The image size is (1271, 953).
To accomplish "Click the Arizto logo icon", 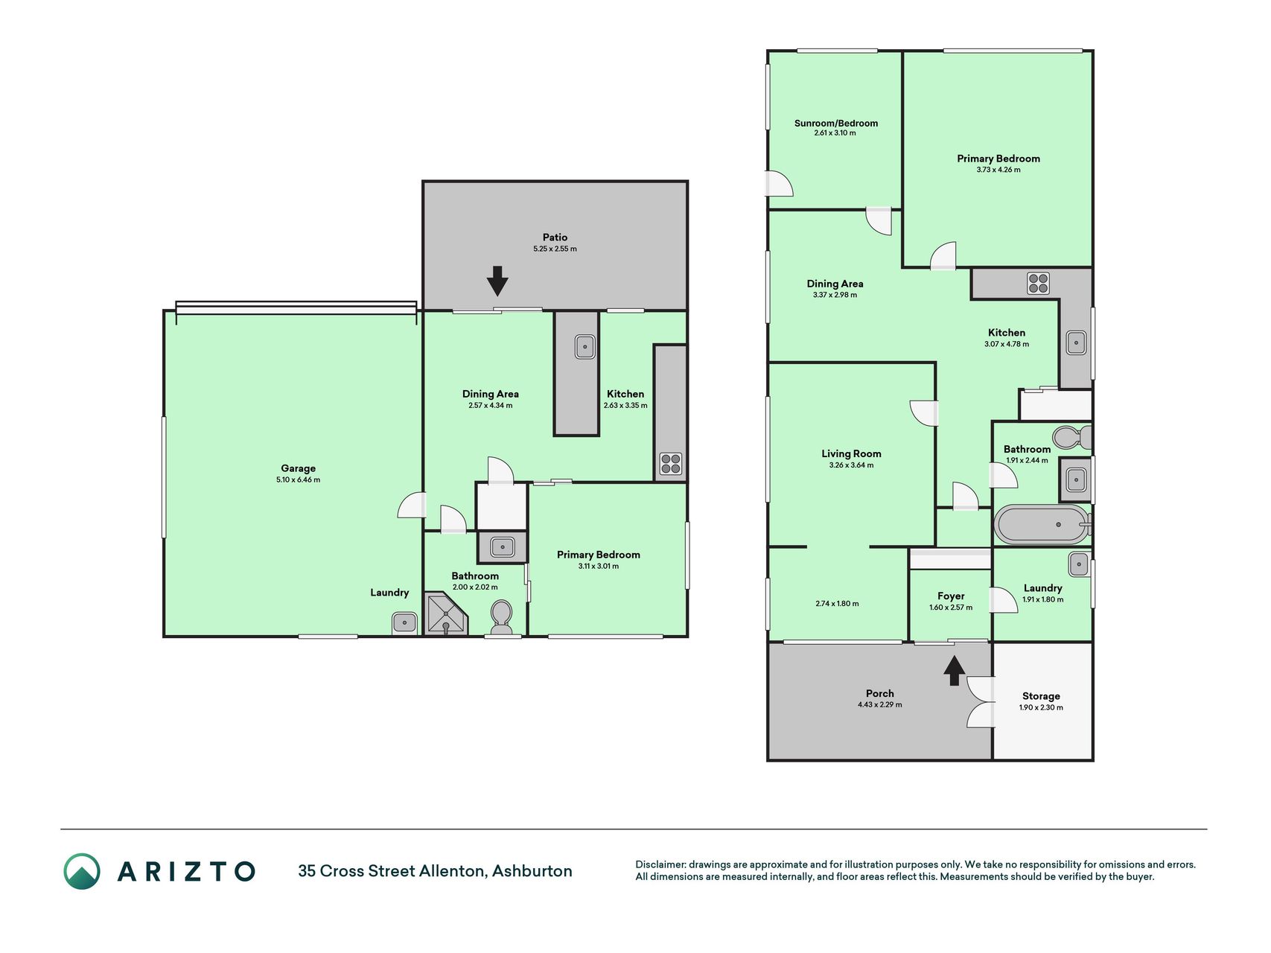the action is coord(81,871).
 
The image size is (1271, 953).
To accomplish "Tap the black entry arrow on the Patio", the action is coord(497,281).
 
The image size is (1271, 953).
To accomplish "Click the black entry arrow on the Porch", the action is coord(954,670).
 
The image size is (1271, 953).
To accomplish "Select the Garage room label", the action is coord(298,468).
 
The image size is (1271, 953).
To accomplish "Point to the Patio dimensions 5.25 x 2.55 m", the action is coord(555,249).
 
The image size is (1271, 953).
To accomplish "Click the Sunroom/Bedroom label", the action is coord(835,124).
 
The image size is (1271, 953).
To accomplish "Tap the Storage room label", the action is coord(1041,696).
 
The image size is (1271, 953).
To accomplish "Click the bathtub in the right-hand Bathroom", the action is coord(1043,524).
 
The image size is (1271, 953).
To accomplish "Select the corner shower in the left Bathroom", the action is coord(445,613).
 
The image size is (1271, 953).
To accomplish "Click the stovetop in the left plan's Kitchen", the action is coord(670,464).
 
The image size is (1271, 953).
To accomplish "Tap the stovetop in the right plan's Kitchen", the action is coord(1038,283).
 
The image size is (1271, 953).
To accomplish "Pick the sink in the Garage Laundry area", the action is coord(404,622).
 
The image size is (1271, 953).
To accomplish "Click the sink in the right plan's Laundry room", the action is coord(1079,564).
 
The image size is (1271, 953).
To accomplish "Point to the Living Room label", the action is coord(851,453).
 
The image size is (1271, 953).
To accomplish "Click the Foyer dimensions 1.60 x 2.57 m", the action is coord(951,608).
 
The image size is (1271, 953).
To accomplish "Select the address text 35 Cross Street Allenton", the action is coord(392,871).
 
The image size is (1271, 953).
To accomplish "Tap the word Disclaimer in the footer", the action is coord(660,864).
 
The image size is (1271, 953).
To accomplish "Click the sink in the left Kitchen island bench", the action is coord(584,346).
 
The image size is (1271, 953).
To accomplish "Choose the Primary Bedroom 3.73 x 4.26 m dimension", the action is coord(998,170).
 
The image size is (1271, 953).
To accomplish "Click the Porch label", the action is coord(879,693).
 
